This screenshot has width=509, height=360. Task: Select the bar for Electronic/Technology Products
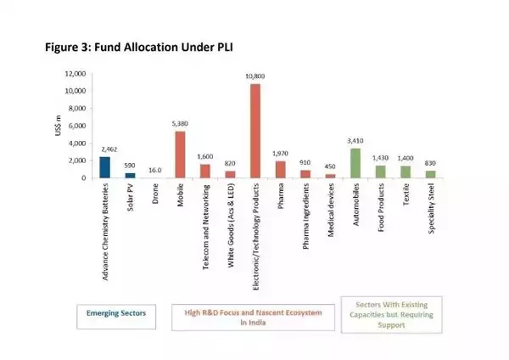[x=255, y=131]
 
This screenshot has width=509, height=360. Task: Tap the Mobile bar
[x=180, y=155]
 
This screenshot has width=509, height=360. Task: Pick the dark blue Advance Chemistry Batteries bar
[x=105, y=167]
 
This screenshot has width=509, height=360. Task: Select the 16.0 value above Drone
[x=154, y=170]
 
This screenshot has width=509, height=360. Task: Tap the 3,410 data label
[x=356, y=142]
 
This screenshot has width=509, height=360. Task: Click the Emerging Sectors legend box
[x=116, y=313]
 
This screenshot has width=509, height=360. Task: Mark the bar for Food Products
[x=380, y=172]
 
